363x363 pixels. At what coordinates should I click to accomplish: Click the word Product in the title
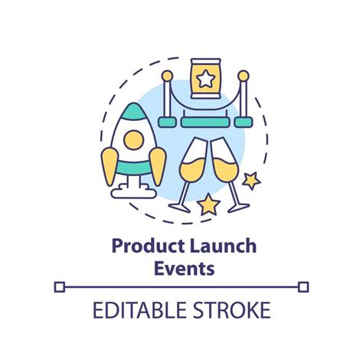click(142, 247)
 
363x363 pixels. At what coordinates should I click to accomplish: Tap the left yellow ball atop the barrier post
click(166, 76)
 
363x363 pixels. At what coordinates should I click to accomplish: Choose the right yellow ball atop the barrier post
click(243, 76)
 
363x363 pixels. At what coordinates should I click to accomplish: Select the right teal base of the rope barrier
click(243, 121)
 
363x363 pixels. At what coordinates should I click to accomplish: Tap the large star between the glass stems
click(208, 204)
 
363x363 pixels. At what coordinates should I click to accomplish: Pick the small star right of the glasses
click(249, 181)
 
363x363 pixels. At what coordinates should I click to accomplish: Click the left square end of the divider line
click(60, 286)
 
